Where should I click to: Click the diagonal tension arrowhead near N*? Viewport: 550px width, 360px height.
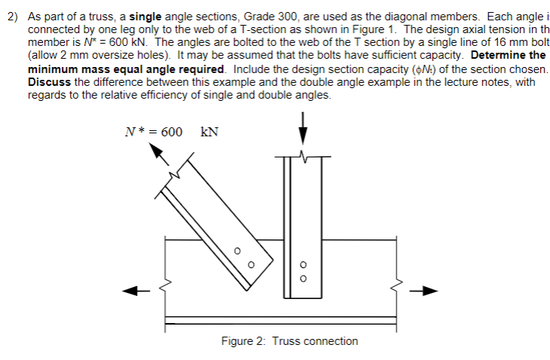click(x=156, y=151)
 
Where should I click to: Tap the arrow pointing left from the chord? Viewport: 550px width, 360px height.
click(x=133, y=290)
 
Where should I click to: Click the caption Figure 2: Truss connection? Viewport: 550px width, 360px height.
click(x=289, y=341)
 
